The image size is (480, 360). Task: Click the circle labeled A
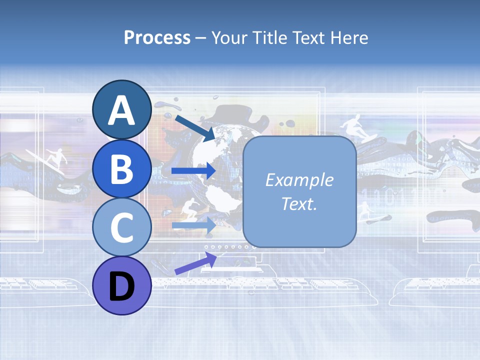(x=121, y=109)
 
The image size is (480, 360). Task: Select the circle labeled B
(x=121, y=168)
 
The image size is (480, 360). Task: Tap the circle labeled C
(x=121, y=227)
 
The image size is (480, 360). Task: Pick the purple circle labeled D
(x=121, y=286)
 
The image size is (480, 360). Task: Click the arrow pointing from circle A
(x=194, y=128)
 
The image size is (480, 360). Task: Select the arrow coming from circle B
(x=193, y=171)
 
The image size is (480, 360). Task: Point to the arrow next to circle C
(x=193, y=225)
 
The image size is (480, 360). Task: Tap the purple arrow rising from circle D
(x=195, y=263)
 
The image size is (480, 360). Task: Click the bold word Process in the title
(x=157, y=37)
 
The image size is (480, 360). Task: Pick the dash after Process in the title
(x=201, y=38)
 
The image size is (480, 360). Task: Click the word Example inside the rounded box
(x=299, y=180)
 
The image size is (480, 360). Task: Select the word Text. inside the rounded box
(x=299, y=203)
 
